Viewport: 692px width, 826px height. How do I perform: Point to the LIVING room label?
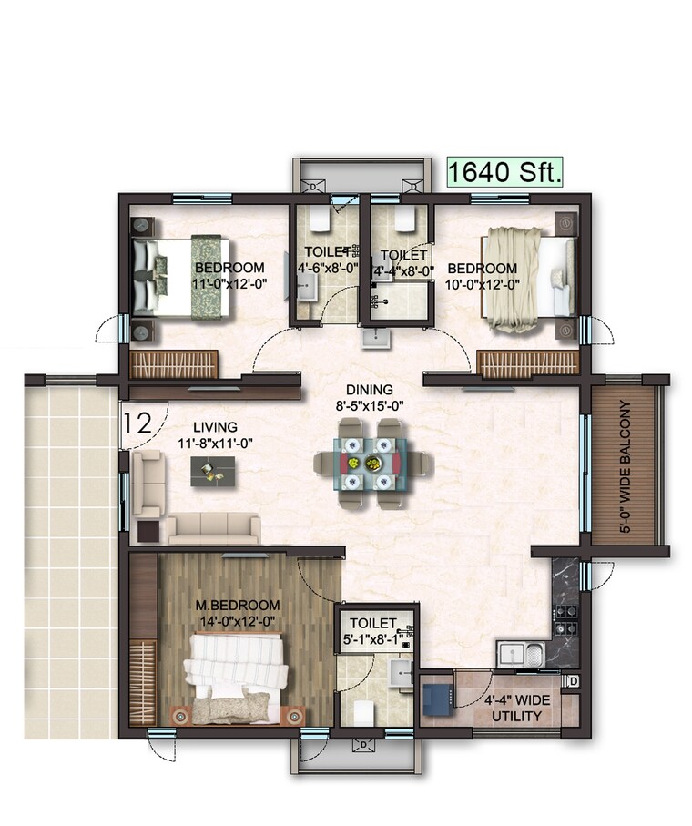pos(215,426)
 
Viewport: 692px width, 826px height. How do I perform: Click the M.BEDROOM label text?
pos(238,606)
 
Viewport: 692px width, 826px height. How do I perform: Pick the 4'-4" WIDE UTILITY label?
pos(513,709)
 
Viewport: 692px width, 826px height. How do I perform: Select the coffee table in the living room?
pos(214,470)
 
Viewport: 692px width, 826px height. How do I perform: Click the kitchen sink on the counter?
pos(521,653)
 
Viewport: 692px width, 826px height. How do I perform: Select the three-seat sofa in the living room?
pos(211,527)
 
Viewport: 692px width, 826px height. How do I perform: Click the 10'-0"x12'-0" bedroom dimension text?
pos(482,284)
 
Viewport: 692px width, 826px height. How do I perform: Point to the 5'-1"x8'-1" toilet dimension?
pos(373,638)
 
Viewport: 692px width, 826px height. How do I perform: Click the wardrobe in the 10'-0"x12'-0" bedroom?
pos(528,362)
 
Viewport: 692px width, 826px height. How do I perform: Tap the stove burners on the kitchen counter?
pos(565,616)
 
